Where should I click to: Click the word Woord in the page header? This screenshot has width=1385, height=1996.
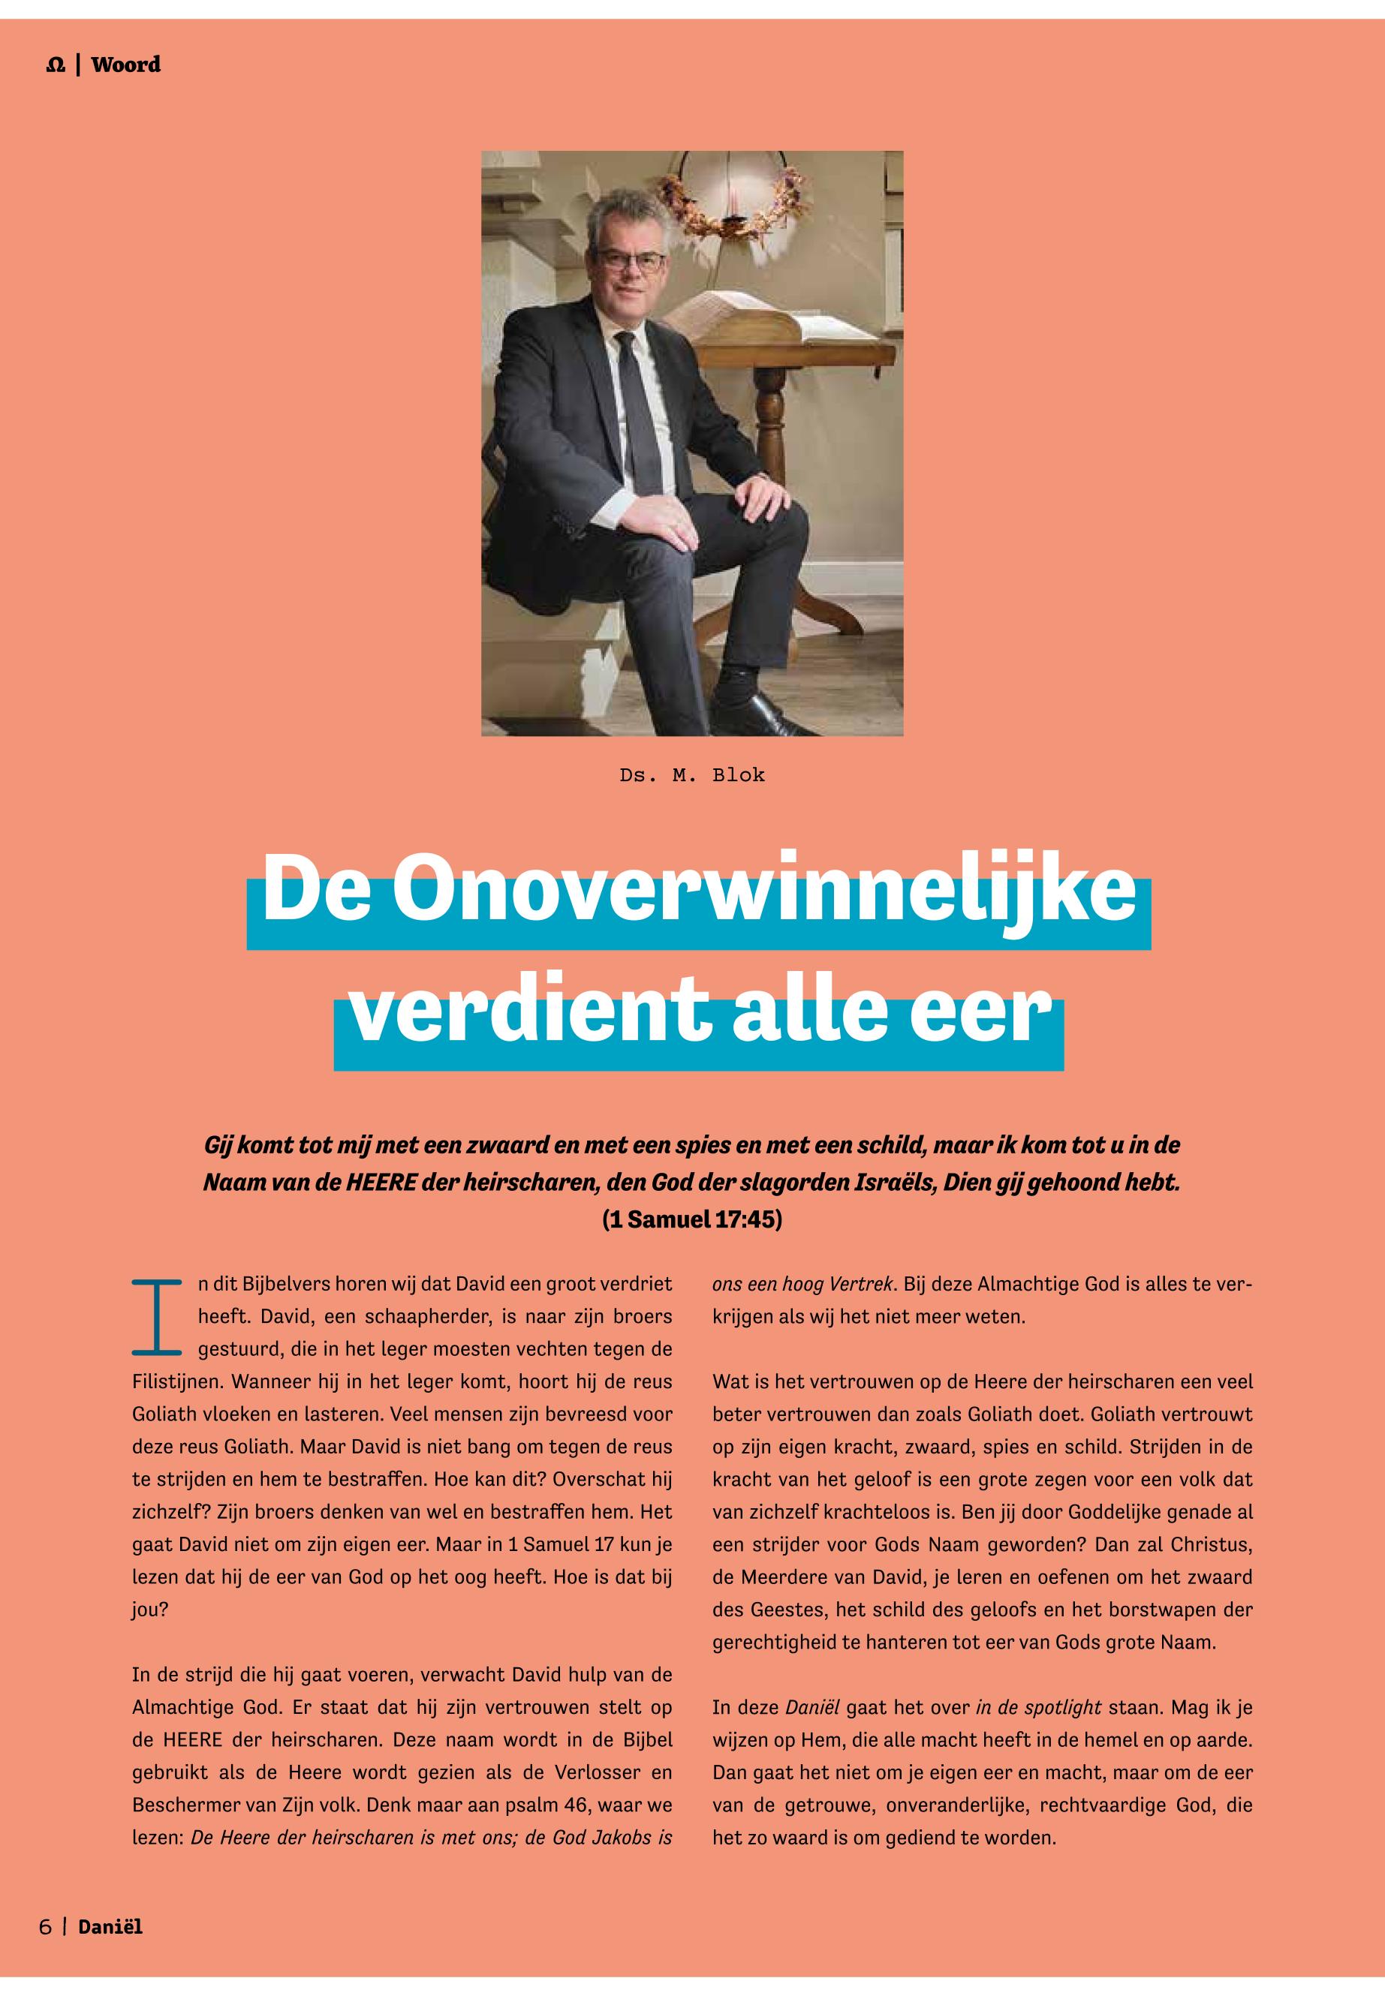click(126, 65)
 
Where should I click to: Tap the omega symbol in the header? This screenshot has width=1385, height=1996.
click(56, 66)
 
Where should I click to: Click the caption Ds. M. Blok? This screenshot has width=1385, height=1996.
click(691, 775)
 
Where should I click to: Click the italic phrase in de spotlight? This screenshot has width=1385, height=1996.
click(1039, 1709)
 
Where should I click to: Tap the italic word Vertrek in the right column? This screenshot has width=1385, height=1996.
click(863, 1284)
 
